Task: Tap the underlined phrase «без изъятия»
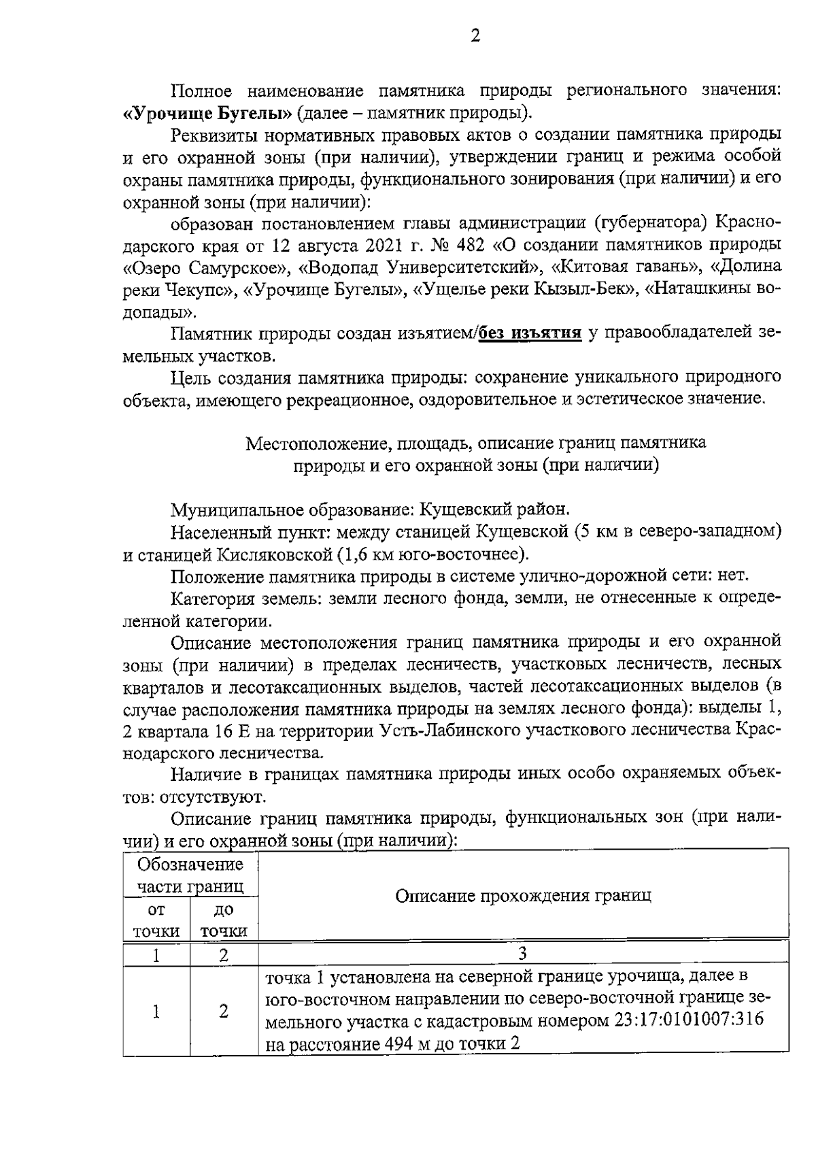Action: coord(530,333)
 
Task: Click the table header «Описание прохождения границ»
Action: coord(523,895)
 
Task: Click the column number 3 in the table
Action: coord(523,954)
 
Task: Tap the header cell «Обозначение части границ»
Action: coord(190,875)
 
